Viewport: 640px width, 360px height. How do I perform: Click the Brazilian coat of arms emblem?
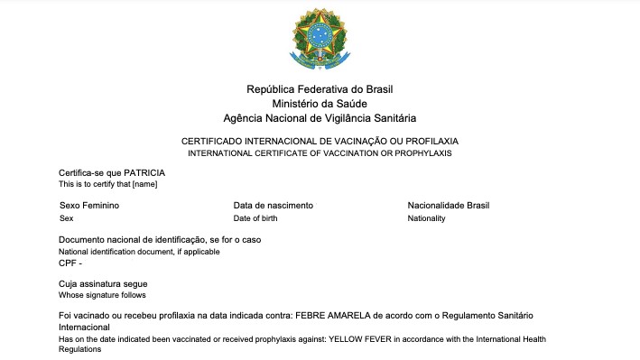pyautogui.click(x=320, y=37)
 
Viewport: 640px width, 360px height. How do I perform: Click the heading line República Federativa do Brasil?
pyautogui.click(x=320, y=89)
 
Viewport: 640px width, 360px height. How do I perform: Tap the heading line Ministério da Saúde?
pyautogui.click(x=320, y=104)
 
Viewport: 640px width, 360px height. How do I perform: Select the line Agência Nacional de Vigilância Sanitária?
pyautogui.click(x=320, y=118)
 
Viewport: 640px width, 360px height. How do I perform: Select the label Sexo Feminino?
pyautogui.click(x=89, y=206)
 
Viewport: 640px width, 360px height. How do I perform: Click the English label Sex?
pyautogui.click(x=66, y=218)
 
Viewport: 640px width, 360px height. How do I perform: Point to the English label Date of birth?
pyautogui.click(x=260, y=218)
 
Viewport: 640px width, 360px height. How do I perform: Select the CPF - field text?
pyautogui.click(x=70, y=263)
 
